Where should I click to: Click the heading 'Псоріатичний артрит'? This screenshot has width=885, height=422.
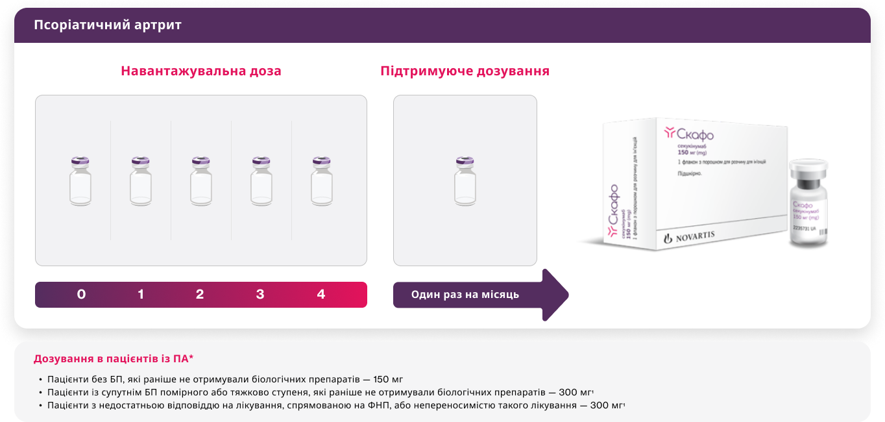coord(108,25)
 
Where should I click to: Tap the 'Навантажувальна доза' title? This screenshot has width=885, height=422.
coord(201,71)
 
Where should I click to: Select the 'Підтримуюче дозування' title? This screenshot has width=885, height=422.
coord(465,71)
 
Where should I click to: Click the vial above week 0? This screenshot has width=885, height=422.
coord(80,181)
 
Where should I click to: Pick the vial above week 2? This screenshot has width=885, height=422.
coord(201,181)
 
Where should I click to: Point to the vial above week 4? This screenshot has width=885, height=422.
coord(321,181)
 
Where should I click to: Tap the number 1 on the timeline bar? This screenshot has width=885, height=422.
coord(141,295)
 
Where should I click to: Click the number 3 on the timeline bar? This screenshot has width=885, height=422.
coord(260,295)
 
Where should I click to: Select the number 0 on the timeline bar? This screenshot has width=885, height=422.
coord(81,295)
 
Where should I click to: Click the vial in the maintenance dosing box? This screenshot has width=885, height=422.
coord(465,181)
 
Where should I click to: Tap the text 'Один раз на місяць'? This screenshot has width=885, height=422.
coord(465,295)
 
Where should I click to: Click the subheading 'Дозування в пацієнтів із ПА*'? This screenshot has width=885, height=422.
coord(114,358)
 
